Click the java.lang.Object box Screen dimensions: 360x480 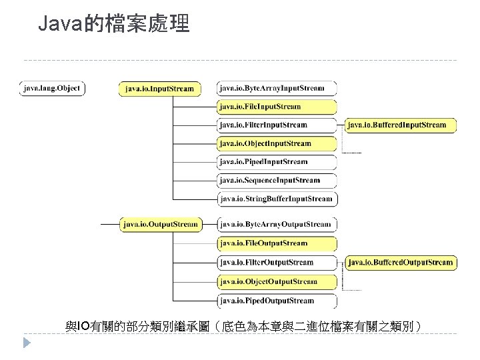click(x=52, y=88)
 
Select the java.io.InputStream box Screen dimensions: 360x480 click(x=159, y=88)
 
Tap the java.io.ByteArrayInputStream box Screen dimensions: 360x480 click(x=277, y=88)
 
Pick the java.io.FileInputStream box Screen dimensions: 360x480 click(x=277, y=106)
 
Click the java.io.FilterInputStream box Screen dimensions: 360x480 click(x=277, y=125)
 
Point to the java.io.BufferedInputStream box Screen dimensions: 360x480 click(x=400, y=125)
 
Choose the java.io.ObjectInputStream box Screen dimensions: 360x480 click(x=277, y=143)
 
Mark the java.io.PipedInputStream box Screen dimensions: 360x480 click(x=277, y=161)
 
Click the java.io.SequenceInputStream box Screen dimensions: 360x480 click(x=277, y=180)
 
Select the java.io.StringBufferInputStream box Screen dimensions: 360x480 click(x=277, y=199)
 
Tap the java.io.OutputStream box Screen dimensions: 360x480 click(x=160, y=224)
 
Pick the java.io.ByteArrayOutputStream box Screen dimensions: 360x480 click(x=277, y=224)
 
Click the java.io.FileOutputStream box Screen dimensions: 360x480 click(x=277, y=243)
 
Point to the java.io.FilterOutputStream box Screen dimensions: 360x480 click(x=277, y=262)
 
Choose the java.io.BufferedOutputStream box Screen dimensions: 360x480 click(x=400, y=262)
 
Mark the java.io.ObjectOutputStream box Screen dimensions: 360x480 click(x=277, y=281)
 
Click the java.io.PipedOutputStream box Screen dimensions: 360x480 click(x=277, y=301)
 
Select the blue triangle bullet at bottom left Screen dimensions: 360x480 click(x=27, y=343)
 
